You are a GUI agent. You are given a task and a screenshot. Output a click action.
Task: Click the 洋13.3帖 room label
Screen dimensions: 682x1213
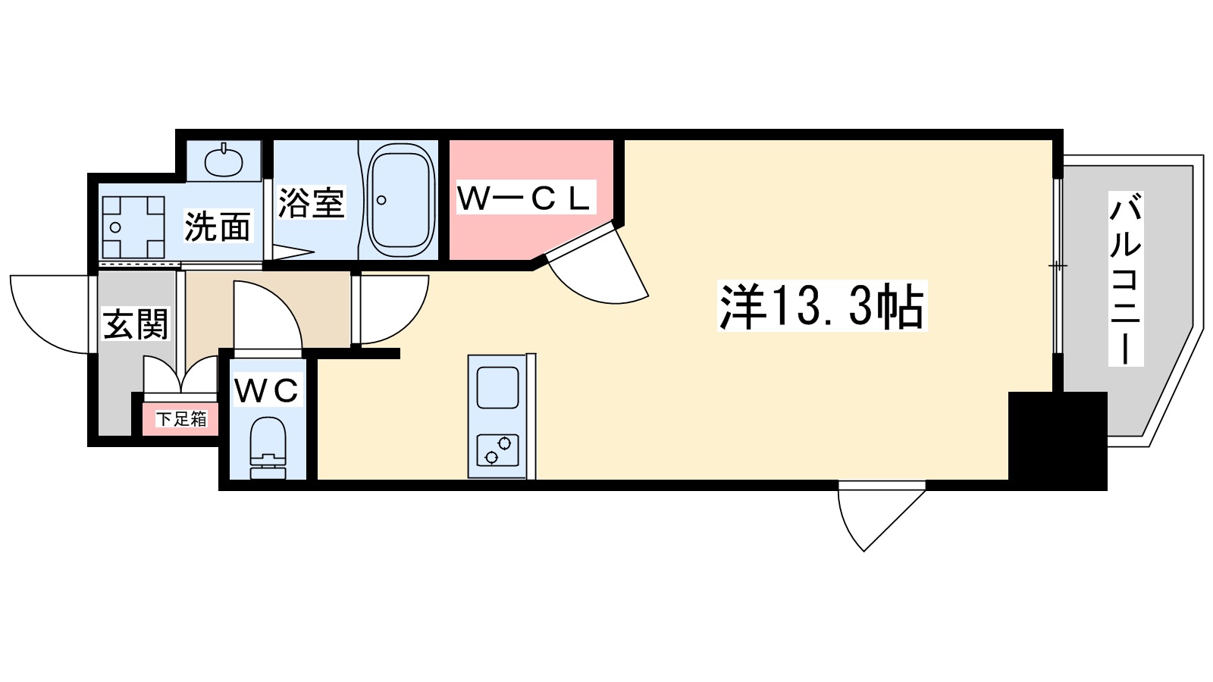click(822, 307)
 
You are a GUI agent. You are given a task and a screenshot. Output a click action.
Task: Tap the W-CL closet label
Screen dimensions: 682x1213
click(524, 199)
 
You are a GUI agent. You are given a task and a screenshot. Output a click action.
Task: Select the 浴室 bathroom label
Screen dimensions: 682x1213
click(311, 202)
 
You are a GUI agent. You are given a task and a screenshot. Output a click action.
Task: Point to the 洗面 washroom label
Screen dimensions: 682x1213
click(218, 226)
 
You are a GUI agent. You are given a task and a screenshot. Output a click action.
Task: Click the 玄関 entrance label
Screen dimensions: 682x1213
click(135, 324)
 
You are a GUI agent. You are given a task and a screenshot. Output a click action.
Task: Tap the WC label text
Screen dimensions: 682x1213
click(266, 390)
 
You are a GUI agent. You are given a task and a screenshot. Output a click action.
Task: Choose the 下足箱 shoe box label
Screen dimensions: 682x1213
click(181, 419)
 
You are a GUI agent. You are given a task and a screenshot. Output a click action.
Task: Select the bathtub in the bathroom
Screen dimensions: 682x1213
click(400, 199)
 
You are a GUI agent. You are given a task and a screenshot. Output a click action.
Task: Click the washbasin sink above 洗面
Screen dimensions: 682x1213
click(224, 159)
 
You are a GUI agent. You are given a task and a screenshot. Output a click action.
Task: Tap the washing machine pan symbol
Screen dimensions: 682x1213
click(133, 227)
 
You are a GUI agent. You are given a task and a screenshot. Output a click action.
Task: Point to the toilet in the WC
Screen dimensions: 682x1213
click(268, 449)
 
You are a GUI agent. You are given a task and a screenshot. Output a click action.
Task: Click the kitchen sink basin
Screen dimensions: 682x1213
click(498, 388)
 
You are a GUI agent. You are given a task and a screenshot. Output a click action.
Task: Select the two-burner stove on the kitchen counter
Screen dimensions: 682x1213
click(498, 449)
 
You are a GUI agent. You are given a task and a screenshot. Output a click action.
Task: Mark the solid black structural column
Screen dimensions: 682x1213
click(1057, 440)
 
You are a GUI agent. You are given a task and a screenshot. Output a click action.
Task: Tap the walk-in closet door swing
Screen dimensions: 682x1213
click(599, 269)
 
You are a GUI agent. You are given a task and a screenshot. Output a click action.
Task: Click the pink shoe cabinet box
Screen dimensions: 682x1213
click(181, 419)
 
